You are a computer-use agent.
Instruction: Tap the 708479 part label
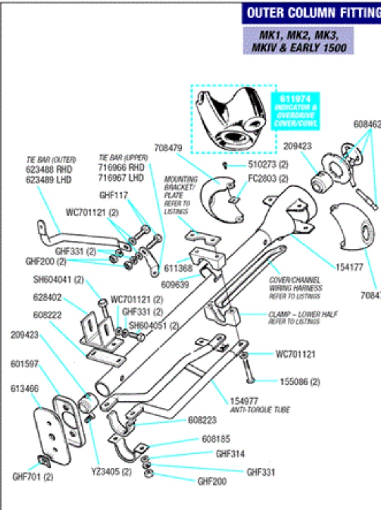[168, 147]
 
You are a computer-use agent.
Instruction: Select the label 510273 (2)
[268, 165]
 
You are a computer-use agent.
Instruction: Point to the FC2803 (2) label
[268, 179]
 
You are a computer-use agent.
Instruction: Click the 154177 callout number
[349, 267]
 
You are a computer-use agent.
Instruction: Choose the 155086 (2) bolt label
[300, 382]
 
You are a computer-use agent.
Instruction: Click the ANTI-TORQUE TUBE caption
[260, 410]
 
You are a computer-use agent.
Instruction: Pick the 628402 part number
[47, 297]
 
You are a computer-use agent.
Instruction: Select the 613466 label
[24, 389]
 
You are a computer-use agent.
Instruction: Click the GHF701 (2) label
[33, 477]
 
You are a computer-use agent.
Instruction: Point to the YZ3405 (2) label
[111, 472]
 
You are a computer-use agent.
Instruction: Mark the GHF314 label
[230, 454]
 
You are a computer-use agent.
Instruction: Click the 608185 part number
[216, 439]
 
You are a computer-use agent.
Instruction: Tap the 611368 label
[178, 268]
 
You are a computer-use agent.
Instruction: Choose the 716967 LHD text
[121, 178]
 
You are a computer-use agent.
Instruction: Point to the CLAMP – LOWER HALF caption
[303, 314]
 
